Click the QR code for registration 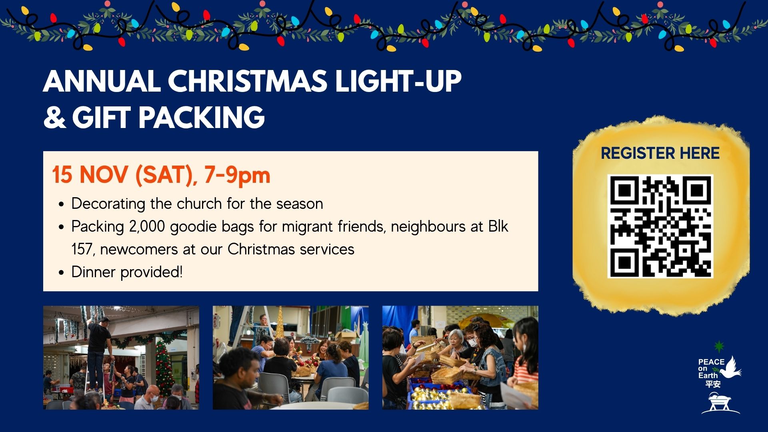[x=660, y=226]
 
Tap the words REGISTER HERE [x=660, y=153]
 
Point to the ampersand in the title [x=55, y=118]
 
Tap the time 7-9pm [x=237, y=175]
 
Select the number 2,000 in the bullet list [x=147, y=226]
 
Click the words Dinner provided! [x=127, y=272]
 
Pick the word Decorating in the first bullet [x=108, y=204]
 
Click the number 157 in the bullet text [x=82, y=249]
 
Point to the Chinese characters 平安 [x=713, y=384]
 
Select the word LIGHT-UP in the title [x=398, y=81]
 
